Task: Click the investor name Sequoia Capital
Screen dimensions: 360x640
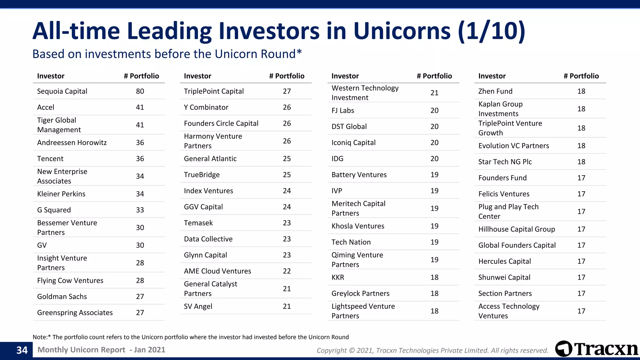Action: point(62,91)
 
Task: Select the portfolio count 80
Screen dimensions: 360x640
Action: point(140,91)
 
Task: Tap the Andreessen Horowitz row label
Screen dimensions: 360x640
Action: point(72,142)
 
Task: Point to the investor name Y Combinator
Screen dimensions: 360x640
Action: point(206,107)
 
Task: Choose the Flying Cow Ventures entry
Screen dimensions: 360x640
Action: point(70,281)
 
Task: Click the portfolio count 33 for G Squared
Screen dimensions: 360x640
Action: point(140,210)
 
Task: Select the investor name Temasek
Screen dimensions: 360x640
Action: point(198,223)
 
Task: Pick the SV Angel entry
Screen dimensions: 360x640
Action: point(198,306)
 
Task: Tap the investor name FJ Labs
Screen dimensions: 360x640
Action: point(342,110)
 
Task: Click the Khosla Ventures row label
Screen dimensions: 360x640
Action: point(358,226)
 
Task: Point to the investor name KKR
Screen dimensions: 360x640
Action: point(337,277)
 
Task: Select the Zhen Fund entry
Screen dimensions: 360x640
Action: point(495,91)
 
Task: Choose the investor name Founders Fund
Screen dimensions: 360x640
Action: point(502,178)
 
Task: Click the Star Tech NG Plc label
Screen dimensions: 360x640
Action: point(505,162)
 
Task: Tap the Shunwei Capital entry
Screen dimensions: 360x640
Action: point(504,277)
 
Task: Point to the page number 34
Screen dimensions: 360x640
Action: point(22,350)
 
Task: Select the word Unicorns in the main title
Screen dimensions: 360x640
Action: point(402,31)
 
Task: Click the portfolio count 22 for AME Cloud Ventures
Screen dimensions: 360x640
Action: point(287,271)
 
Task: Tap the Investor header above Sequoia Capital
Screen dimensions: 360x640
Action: point(51,76)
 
